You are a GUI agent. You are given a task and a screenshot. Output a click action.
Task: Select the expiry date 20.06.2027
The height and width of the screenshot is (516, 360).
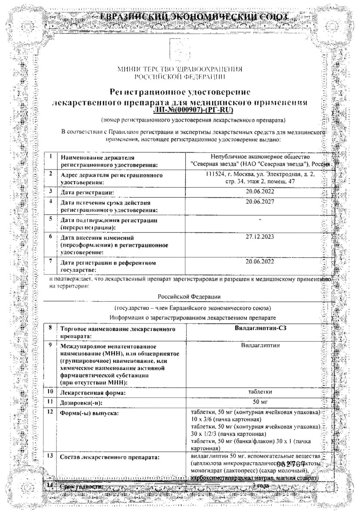pyautogui.click(x=259, y=201)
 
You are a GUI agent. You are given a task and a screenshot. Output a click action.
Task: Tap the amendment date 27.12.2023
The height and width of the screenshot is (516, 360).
pyautogui.click(x=259, y=237)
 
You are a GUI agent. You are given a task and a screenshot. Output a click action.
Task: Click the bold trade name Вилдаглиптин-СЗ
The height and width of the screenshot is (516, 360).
pyautogui.click(x=259, y=329)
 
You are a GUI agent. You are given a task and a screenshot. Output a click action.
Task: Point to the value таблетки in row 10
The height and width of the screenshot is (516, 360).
pyautogui.click(x=259, y=392)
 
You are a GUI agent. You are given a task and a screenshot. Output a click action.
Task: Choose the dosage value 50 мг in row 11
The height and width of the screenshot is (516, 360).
pyautogui.click(x=259, y=402)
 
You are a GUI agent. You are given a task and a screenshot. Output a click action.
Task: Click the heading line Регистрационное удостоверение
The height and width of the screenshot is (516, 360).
pyautogui.click(x=180, y=92)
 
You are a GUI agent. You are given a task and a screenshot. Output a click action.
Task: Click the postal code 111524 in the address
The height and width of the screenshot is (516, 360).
pyautogui.click(x=215, y=174)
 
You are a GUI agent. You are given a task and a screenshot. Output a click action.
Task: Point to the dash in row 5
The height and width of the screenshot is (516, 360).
pyautogui.click(x=259, y=219)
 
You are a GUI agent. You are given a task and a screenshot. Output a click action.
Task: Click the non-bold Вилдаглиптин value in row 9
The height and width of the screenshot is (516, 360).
pyautogui.click(x=259, y=345)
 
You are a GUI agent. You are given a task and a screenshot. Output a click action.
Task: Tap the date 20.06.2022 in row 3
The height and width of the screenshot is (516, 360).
pyautogui.click(x=259, y=191)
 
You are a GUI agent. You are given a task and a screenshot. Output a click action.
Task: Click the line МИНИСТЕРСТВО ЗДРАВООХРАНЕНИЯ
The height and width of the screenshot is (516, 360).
pyautogui.click(x=179, y=69)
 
